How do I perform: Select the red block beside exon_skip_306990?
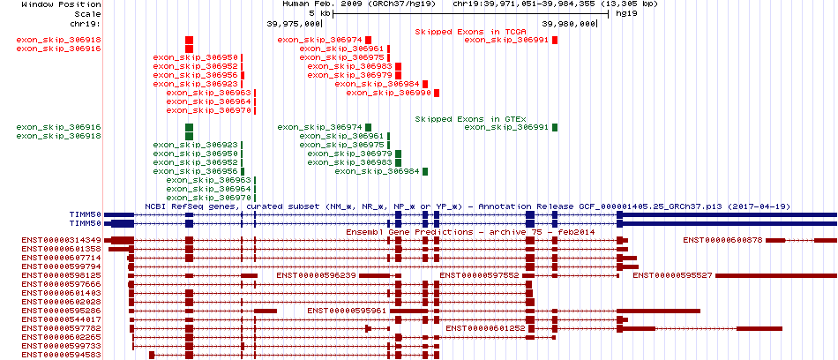[x=437, y=93]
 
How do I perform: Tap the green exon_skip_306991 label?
[x=506, y=127]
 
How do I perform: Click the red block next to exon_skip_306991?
[x=555, y=40]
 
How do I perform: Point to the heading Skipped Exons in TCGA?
[x=462, y=32]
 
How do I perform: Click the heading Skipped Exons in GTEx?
[x=462, y=119]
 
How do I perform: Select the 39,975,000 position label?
[x=294, y=24]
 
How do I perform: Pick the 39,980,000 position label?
[x=569, y=24]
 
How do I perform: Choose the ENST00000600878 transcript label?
[x=722, y=240]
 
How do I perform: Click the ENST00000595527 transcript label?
[x=672, y=275]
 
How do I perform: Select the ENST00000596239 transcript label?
[x=317, y=275]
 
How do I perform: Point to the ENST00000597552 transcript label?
[x=479, y=275]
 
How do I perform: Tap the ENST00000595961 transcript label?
[x=348, y=311]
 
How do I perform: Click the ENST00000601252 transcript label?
[x=486, y=328]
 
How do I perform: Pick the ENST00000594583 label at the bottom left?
[x=62, y=355]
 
